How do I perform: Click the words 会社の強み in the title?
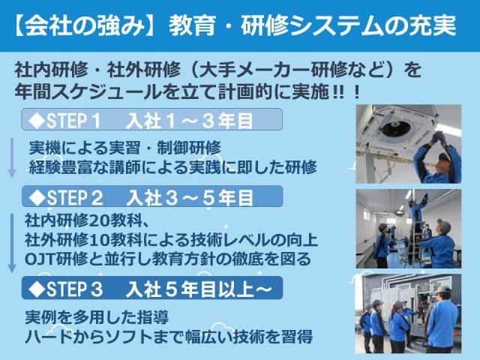click(85, 25)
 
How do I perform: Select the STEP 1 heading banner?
click(152, 119)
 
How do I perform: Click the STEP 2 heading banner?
click(152, 196)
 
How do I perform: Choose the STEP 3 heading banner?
click(152, 288)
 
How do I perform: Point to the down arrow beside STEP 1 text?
click(12, 158)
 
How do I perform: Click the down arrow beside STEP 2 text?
click(12, 243)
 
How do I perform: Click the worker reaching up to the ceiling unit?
click(438, 158)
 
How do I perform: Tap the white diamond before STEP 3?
click(37, 288)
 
